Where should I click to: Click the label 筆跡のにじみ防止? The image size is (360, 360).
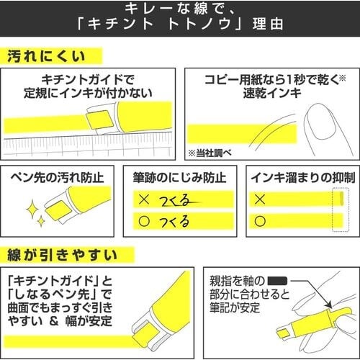tap(179, 176)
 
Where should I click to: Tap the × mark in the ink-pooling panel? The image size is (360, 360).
tap(261, 198)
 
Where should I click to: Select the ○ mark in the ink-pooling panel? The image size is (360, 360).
tap(261, 220)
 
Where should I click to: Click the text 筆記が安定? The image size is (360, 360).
tap(231, 307)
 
